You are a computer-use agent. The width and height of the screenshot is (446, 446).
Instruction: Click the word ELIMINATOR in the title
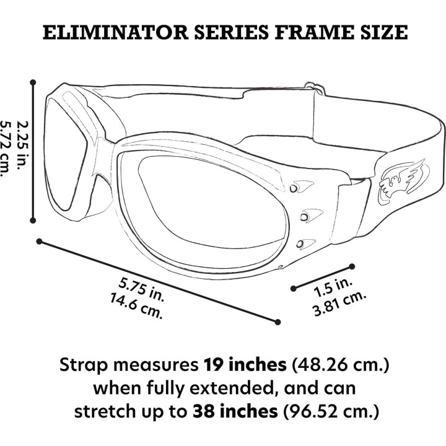[115, 32]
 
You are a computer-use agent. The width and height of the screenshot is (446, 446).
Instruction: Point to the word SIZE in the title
[382, 32]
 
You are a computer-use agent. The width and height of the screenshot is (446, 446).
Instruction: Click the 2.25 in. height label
[23, 146]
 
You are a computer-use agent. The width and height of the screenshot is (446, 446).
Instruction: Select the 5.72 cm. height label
[5, 149]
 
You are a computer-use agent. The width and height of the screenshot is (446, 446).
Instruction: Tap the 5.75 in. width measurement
[141, 289]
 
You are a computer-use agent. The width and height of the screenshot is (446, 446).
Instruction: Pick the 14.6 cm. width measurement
[136, 307]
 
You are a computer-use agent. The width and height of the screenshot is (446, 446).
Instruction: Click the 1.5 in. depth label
[333, 287]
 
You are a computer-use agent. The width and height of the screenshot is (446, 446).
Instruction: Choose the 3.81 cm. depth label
[338, 303]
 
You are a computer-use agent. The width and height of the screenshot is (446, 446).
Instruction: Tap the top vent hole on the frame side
[294, 188]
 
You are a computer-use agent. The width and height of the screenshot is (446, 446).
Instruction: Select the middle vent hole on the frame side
[304, 217]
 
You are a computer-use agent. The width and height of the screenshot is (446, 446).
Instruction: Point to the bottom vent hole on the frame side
[300, 244]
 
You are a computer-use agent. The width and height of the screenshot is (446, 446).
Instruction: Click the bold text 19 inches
[245, 364]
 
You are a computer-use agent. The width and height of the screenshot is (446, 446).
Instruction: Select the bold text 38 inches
[235, 411]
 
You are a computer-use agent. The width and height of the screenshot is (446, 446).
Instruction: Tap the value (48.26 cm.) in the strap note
[341, 365]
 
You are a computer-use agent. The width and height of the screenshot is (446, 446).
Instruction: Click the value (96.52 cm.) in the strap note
[331, 411]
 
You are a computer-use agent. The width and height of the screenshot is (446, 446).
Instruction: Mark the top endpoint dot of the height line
[33, 82]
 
